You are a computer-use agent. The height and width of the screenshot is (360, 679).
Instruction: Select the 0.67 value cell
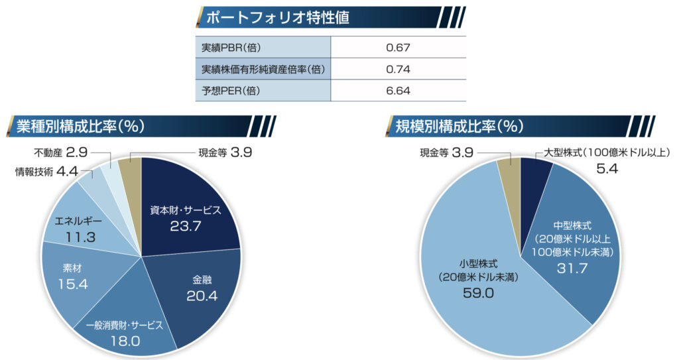point(398,48)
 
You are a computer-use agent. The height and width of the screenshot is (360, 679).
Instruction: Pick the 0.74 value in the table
point(398,69)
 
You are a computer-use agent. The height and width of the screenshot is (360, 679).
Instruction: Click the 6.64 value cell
point(398,90)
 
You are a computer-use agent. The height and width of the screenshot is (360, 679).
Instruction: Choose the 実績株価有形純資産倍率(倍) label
point(263,69)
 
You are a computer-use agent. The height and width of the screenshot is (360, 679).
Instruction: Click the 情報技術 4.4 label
point(46,172)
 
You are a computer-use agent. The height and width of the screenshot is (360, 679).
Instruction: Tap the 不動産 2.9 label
point(60,152)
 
